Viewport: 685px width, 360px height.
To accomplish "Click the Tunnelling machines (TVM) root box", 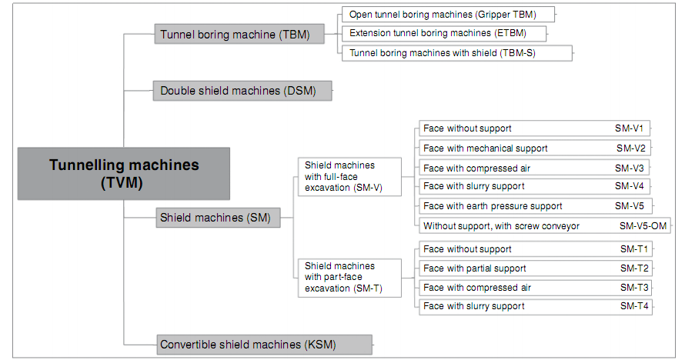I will tap(124, 173).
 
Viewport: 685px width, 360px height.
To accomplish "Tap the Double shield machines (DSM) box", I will tap(242, 91).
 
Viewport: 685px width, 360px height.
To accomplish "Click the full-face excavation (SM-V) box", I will tap(350, 176).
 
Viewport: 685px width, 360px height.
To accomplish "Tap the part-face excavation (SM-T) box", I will tap(350, 278).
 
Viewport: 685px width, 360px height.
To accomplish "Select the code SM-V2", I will tap(630, 148).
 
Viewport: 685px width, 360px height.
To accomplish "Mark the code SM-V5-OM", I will tap(643, 226).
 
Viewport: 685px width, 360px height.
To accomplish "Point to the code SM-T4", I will tap(635, 306).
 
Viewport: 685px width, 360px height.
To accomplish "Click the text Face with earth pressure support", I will tap(493, 206).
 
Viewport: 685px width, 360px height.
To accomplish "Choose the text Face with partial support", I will tap(475, 268).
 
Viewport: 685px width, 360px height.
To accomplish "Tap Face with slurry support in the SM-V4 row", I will tap(474, 186).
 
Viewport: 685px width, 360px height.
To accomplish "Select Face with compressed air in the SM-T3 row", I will tap(476, 288).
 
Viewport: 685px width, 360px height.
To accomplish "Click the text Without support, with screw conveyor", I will tap(501, 226).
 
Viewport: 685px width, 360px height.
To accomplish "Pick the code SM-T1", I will tap(635, 249).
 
